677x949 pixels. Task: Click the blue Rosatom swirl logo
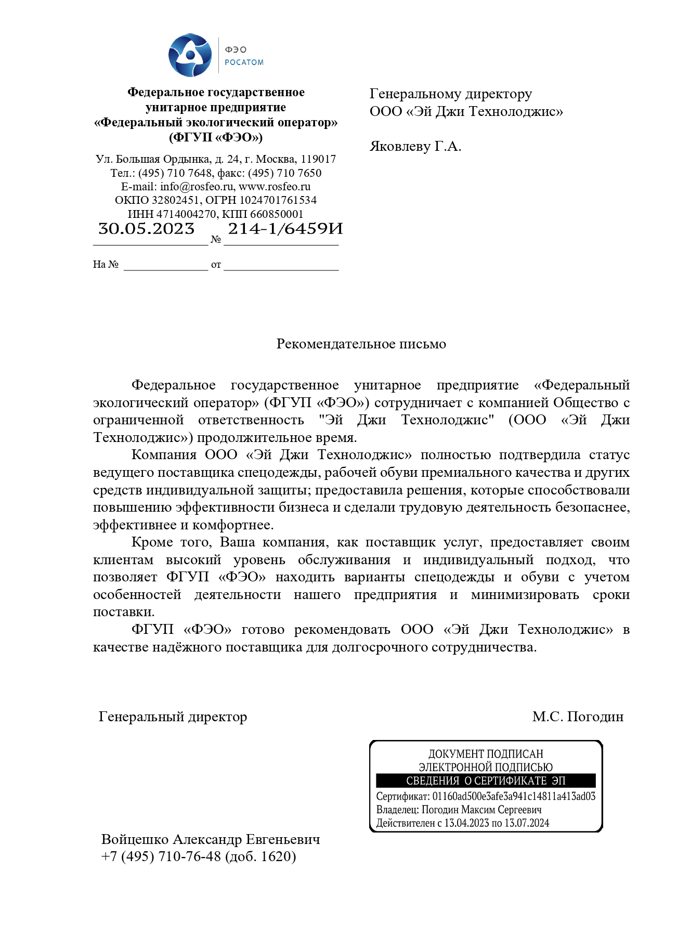pos(190,55)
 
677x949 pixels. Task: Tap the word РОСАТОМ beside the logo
pos(244,62)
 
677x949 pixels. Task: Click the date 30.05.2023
pos(146,229)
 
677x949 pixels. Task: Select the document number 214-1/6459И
pos(285,229)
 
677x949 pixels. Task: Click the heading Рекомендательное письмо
pos(361,344)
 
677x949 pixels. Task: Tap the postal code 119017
pos(318,159)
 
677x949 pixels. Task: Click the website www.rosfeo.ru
pos(274,187)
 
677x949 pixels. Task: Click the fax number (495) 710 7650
pos(284,173)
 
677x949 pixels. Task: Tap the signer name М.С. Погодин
pos(577,717)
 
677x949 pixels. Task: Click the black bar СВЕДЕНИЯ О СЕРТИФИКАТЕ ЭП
pos(485,781)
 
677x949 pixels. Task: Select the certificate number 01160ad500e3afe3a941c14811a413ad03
pos(514,797)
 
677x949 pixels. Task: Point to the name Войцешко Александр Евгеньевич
pos(211,840)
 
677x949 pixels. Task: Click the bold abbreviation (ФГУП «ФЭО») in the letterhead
pos(216,138)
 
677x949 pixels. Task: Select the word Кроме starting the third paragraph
pos(152,542)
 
